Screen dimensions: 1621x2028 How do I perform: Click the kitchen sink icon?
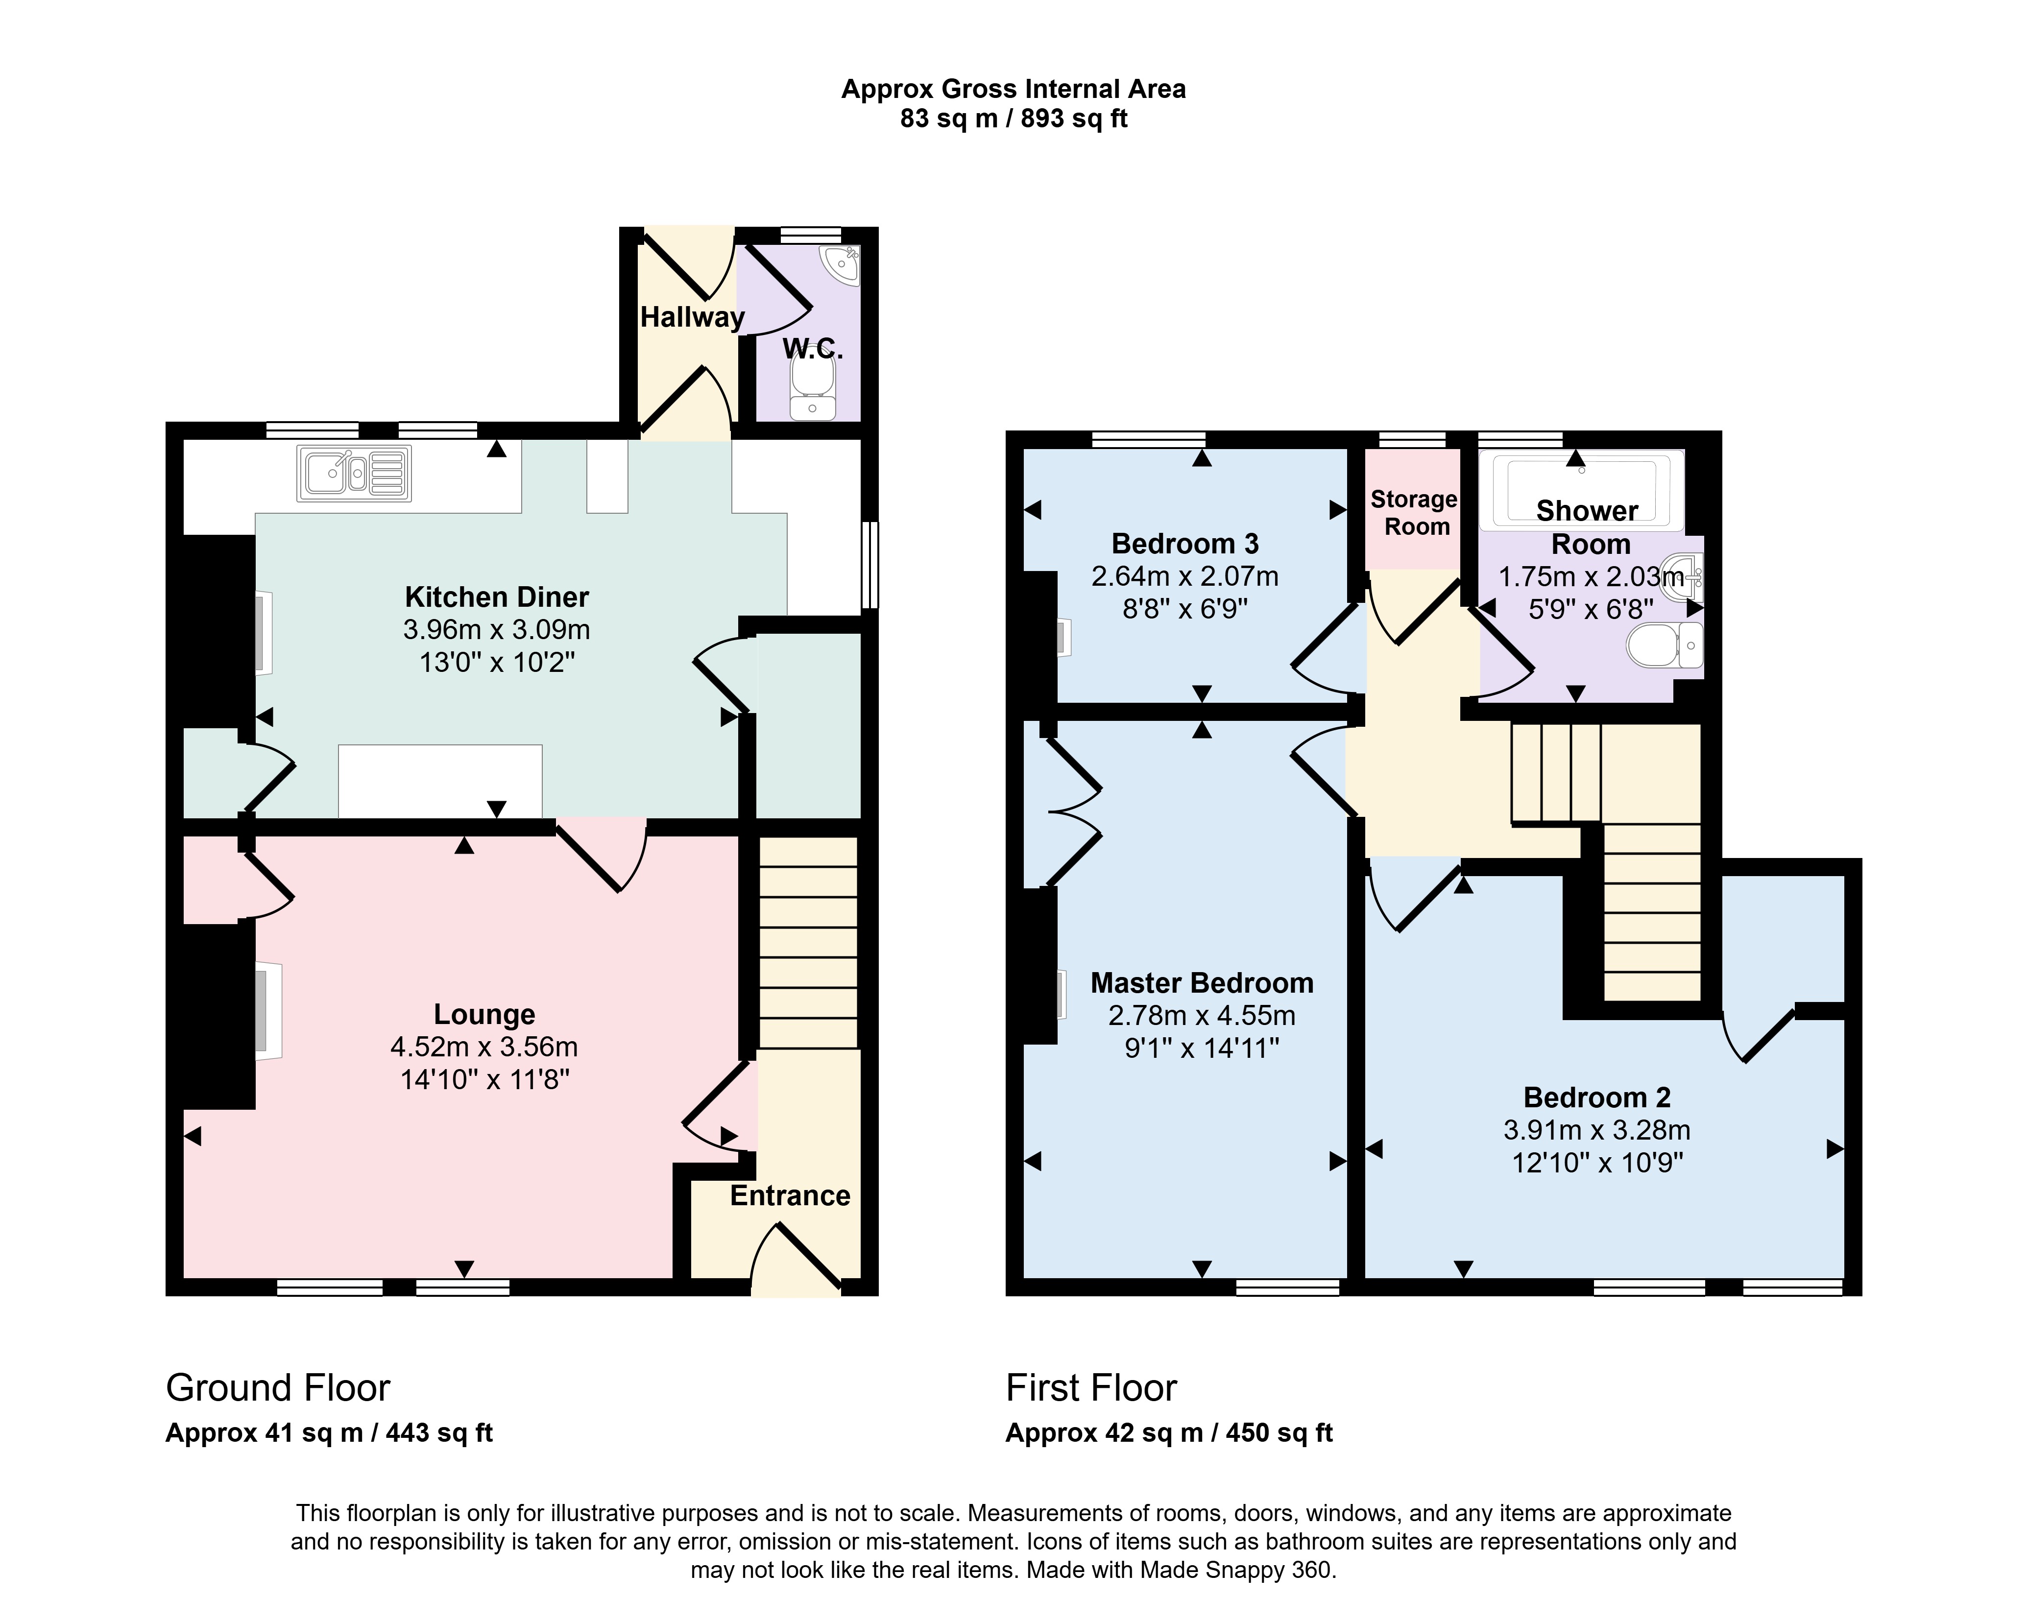click(x=355, y=473)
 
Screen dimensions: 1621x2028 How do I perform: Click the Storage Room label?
click(x=1414, y=512)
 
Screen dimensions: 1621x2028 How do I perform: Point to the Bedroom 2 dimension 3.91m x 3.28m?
click(x=1596, y=1130)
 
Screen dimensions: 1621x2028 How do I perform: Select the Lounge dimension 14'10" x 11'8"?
click(x=484, y=1079)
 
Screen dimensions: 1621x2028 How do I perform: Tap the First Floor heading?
click(x=1091, y=1388)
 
